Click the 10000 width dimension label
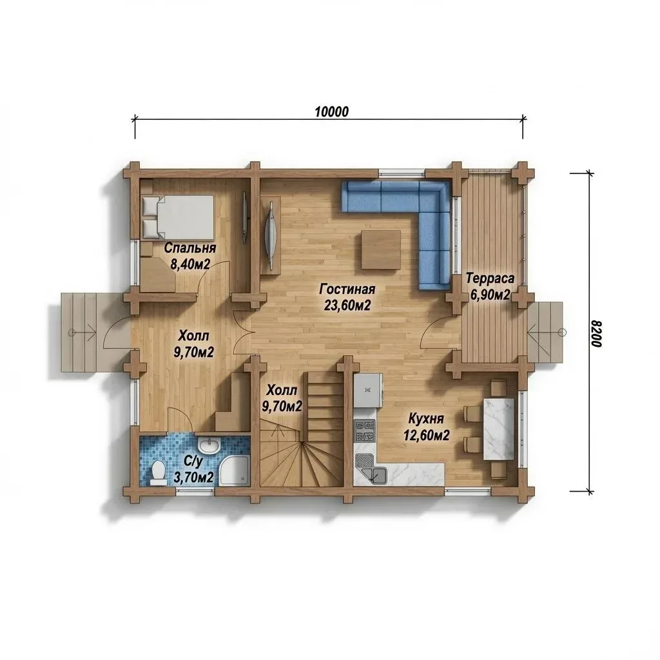pos(332,112)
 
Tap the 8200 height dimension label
pos(597,334)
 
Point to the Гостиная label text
pos(347,289)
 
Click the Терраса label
pos(490,278)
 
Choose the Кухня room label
pos(426,419)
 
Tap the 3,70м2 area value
pos(193,478)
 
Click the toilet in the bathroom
pos(159,472)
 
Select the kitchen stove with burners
pos(365,431)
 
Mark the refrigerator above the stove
pos(368,391)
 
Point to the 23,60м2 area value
pos(347,306)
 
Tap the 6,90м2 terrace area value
pos(490,295)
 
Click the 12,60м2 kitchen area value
pos(427,435)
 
